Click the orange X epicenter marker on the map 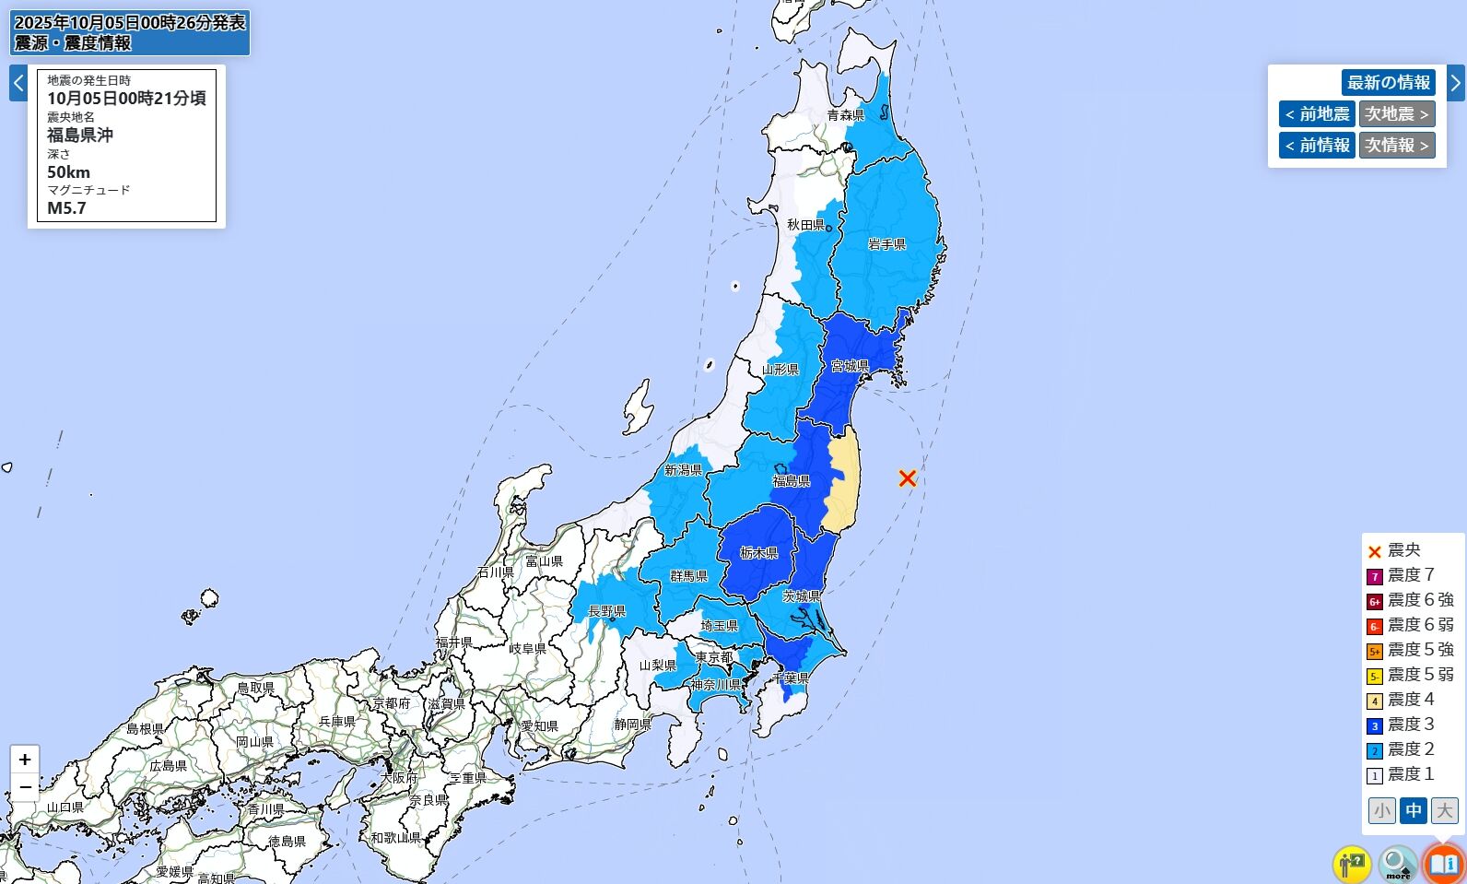point(908,477)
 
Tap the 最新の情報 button point(1388,82)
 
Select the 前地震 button point(1317,114)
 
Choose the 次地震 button point(1396,114)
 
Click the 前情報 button point(1317,146)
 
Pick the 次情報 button point(1396,146)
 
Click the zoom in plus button point(25,760)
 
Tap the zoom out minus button point(25,787)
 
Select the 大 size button point(1444,810)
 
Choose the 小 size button point(1381,810)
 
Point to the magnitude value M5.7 point(67,208)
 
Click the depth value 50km point(69,172)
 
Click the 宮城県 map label point(850,366)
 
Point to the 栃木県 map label point(759,553)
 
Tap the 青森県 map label point(845,115)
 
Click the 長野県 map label point(606,611)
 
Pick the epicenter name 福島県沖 point(80,136)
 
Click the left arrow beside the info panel point(18,83)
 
